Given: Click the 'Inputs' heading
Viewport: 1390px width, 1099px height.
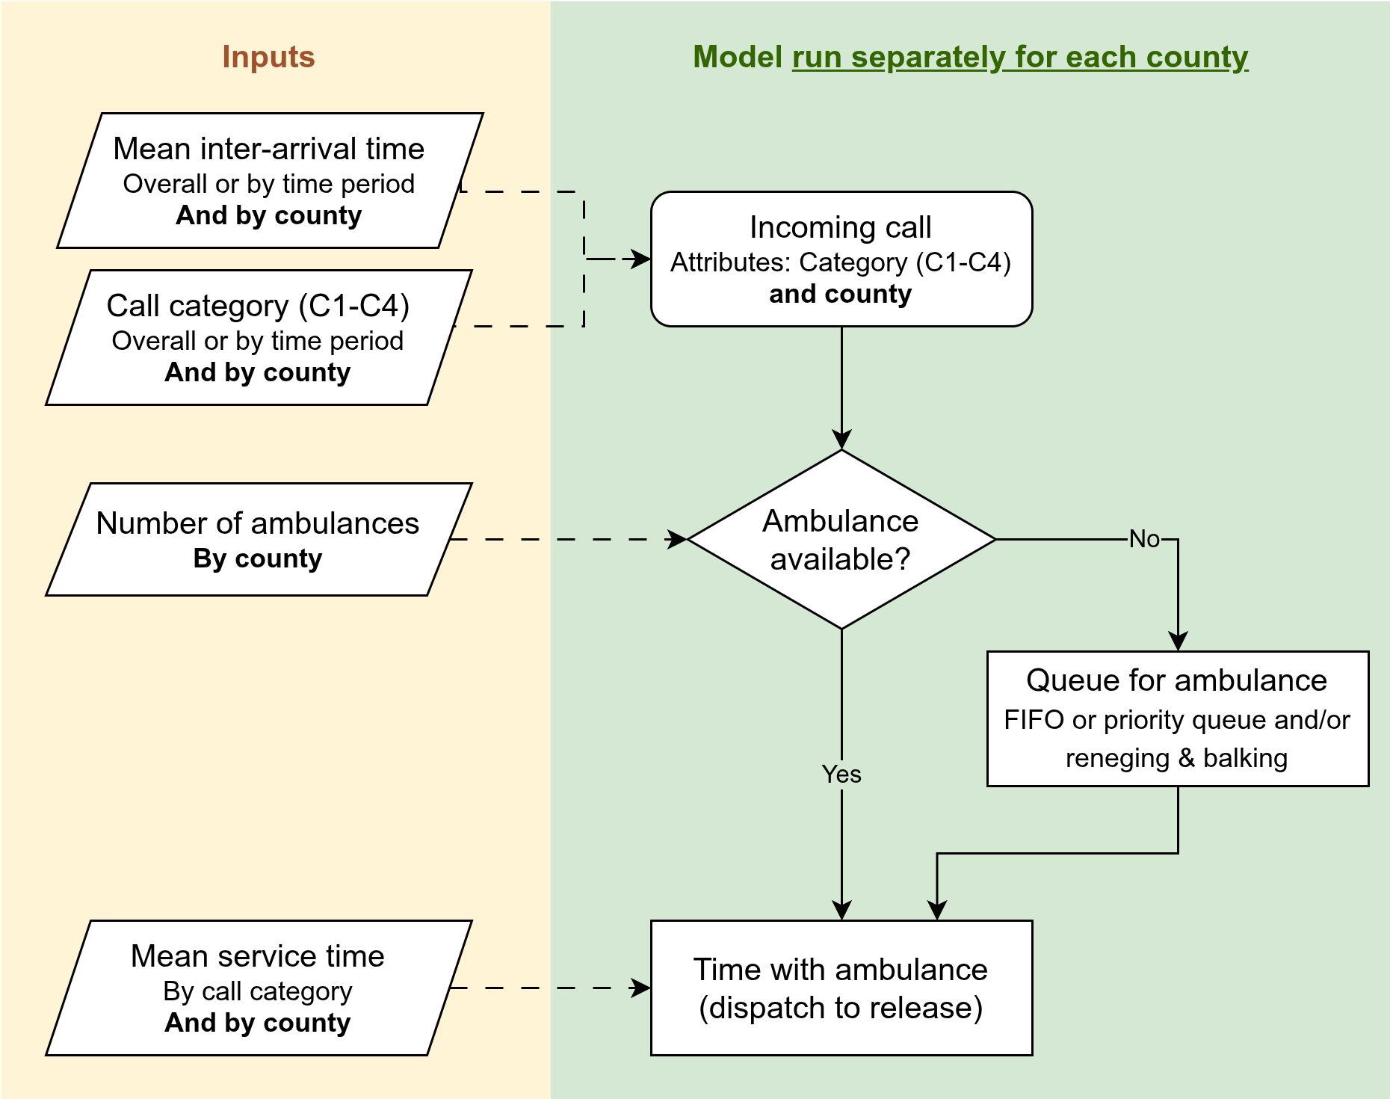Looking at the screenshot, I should (x=268, y=57).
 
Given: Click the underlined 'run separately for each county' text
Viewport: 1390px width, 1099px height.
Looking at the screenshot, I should (x=1019, y=57).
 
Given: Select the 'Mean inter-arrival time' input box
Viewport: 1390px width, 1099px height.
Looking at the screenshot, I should (x=269, y=180).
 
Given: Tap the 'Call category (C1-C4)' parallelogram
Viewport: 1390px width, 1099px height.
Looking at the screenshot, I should (x=258, y=337).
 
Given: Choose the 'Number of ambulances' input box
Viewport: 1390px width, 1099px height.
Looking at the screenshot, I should (x=258, y=539).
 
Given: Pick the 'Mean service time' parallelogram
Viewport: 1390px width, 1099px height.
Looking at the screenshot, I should (x=258, y=988).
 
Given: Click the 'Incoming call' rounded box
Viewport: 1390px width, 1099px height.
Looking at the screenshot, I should (x=841, y=259).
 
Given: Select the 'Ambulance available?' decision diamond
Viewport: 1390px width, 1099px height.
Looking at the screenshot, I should (x=841, y=539).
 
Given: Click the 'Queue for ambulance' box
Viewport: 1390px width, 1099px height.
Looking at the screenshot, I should (x=1178, y=718).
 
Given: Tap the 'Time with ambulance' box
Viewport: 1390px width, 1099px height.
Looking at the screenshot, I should (x=841, y=988).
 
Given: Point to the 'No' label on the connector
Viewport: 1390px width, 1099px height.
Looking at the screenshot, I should (x=1144, y=538).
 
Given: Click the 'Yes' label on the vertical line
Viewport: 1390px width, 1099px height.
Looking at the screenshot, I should (x=841, y=774).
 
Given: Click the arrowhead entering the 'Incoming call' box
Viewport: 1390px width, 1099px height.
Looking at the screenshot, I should (x=642, y=259).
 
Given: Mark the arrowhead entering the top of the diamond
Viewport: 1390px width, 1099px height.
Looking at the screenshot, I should (x=841, y=440).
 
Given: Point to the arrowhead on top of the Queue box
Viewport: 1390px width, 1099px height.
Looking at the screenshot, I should (x=1178, y=642).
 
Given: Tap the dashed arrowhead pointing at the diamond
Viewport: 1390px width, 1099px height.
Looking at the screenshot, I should (x=677, y=539).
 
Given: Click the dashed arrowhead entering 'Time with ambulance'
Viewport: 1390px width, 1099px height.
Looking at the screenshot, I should (x=642, y=988).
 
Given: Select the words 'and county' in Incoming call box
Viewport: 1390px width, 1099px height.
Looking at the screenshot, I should (x=841, y=294).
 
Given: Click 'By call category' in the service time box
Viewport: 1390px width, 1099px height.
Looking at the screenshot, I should (x=258, y=991).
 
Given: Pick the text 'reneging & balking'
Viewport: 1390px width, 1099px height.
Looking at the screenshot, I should (x=1177, y=757).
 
